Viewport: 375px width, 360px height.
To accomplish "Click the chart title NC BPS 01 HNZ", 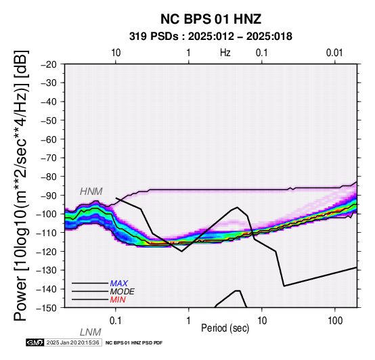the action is click(211, 19).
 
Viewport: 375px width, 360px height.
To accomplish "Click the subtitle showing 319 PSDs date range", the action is click(211, 37).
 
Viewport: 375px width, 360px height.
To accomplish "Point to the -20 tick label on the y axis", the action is click(49, 64).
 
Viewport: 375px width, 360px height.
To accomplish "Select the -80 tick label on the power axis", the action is click(49, 177).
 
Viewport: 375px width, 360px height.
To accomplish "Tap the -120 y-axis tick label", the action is click(47, 252).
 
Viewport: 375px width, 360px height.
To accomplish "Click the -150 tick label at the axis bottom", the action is click(47, 308).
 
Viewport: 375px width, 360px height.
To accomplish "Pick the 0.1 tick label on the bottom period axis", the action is click(115, 321).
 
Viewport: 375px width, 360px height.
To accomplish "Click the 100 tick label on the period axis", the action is click(335, 321).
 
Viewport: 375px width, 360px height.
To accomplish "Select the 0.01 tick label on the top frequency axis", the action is click(334, 53).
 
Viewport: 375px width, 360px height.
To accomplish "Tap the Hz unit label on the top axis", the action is click(225, 53).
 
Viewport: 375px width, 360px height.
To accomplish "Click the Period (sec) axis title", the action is click(225, 328).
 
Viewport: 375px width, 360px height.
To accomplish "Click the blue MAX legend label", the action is click(119, 284).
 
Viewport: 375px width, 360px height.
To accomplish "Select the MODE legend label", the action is click(123, 292).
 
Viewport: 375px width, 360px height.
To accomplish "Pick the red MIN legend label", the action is click(118, 300).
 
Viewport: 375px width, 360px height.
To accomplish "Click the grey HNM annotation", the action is click(91, 192).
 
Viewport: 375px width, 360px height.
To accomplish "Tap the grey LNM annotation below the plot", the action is click(91, 332).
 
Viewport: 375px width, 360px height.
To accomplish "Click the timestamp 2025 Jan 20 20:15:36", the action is click(72, 342).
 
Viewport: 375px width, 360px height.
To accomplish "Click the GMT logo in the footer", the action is click(35, 342).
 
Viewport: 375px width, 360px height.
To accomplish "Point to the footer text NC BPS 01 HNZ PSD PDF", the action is click(134, 343).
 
